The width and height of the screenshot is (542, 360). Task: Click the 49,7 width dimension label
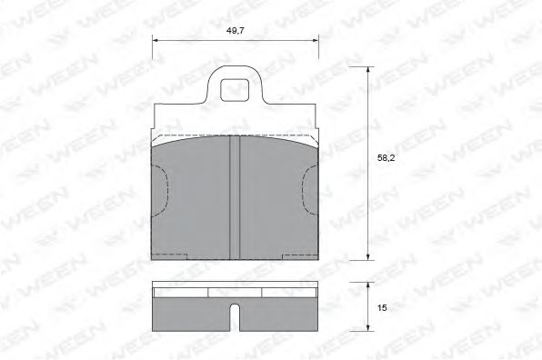235,30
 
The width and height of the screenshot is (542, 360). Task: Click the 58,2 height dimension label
386,158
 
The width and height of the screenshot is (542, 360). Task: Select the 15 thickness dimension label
382,308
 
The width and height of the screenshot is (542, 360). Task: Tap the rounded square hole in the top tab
235,90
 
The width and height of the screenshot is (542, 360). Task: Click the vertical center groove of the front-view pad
235,197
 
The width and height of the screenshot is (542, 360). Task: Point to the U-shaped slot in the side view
235,317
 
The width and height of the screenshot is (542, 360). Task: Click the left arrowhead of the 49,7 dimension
156,40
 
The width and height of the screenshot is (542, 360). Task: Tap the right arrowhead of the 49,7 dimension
315,40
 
